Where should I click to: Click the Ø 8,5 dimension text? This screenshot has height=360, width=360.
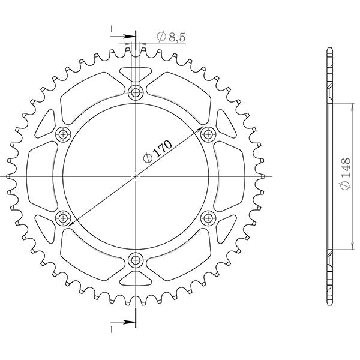click(x=172, y=37)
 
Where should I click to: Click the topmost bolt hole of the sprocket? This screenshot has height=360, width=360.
click(x=136, y=92)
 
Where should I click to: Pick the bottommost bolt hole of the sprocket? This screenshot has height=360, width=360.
click(x=136, y=260)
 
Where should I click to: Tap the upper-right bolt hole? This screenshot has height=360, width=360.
click(x=209, y=134)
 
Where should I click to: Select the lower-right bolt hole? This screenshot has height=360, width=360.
click(x=209, y=217)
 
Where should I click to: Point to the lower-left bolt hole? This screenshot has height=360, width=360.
click(x=64, y=217)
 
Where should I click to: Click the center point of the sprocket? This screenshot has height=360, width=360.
click(x=136, y=176)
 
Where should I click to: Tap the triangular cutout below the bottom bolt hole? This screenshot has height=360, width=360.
click(x=136, y=278)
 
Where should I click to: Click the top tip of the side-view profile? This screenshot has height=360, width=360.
click(x=329, y=47)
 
